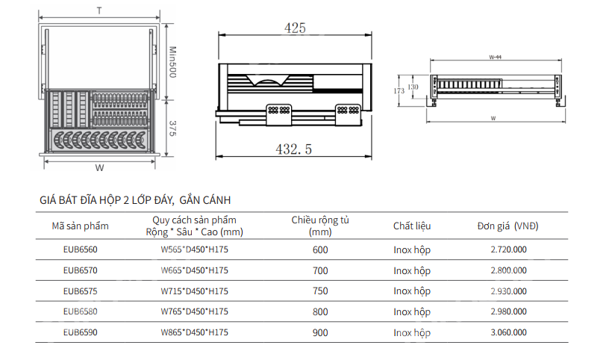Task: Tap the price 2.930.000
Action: pyautogui.click(x=509, y=291)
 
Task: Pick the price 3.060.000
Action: pyautogui.click(x=509, y=332)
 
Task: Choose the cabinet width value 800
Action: pyautogui.click(x=320, y=312)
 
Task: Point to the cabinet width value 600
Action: pyautogui.click(x=320, y=249)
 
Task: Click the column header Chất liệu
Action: pyautogui.click(x=412, y=226)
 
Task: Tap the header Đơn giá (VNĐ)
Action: pyautogui.click(x=508, y=226)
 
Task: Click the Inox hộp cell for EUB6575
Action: pyautogui.click(x=412, y=291)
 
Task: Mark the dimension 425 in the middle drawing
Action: pyautogui.click(x=295, y=28)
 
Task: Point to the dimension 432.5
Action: pyautogui.click(x=295, y=149)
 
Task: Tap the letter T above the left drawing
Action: pyautogui.click(x=99, y=10)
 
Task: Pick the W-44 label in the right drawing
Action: pyautogui.click(x=494, y=56)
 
